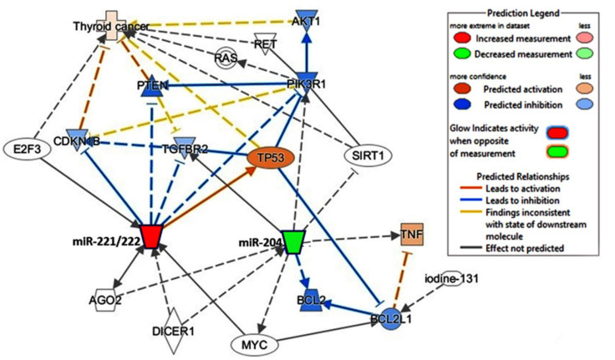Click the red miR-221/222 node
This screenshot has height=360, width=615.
(x=151, y=236)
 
